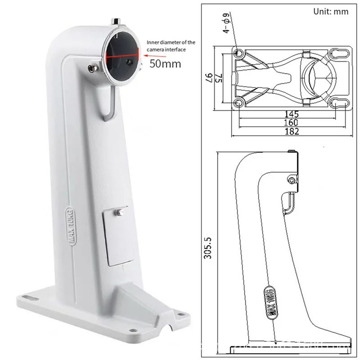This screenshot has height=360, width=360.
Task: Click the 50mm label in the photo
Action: coord(165,63)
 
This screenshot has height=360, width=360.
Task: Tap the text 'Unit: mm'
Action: coord(331,11)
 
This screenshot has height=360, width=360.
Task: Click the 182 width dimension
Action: coord(291,131)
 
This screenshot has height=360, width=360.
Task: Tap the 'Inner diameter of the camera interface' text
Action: coord(171,45)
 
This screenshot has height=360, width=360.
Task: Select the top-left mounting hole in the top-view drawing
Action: coord(240,53)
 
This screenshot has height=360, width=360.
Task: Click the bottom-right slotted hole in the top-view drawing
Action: coord(340,103)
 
